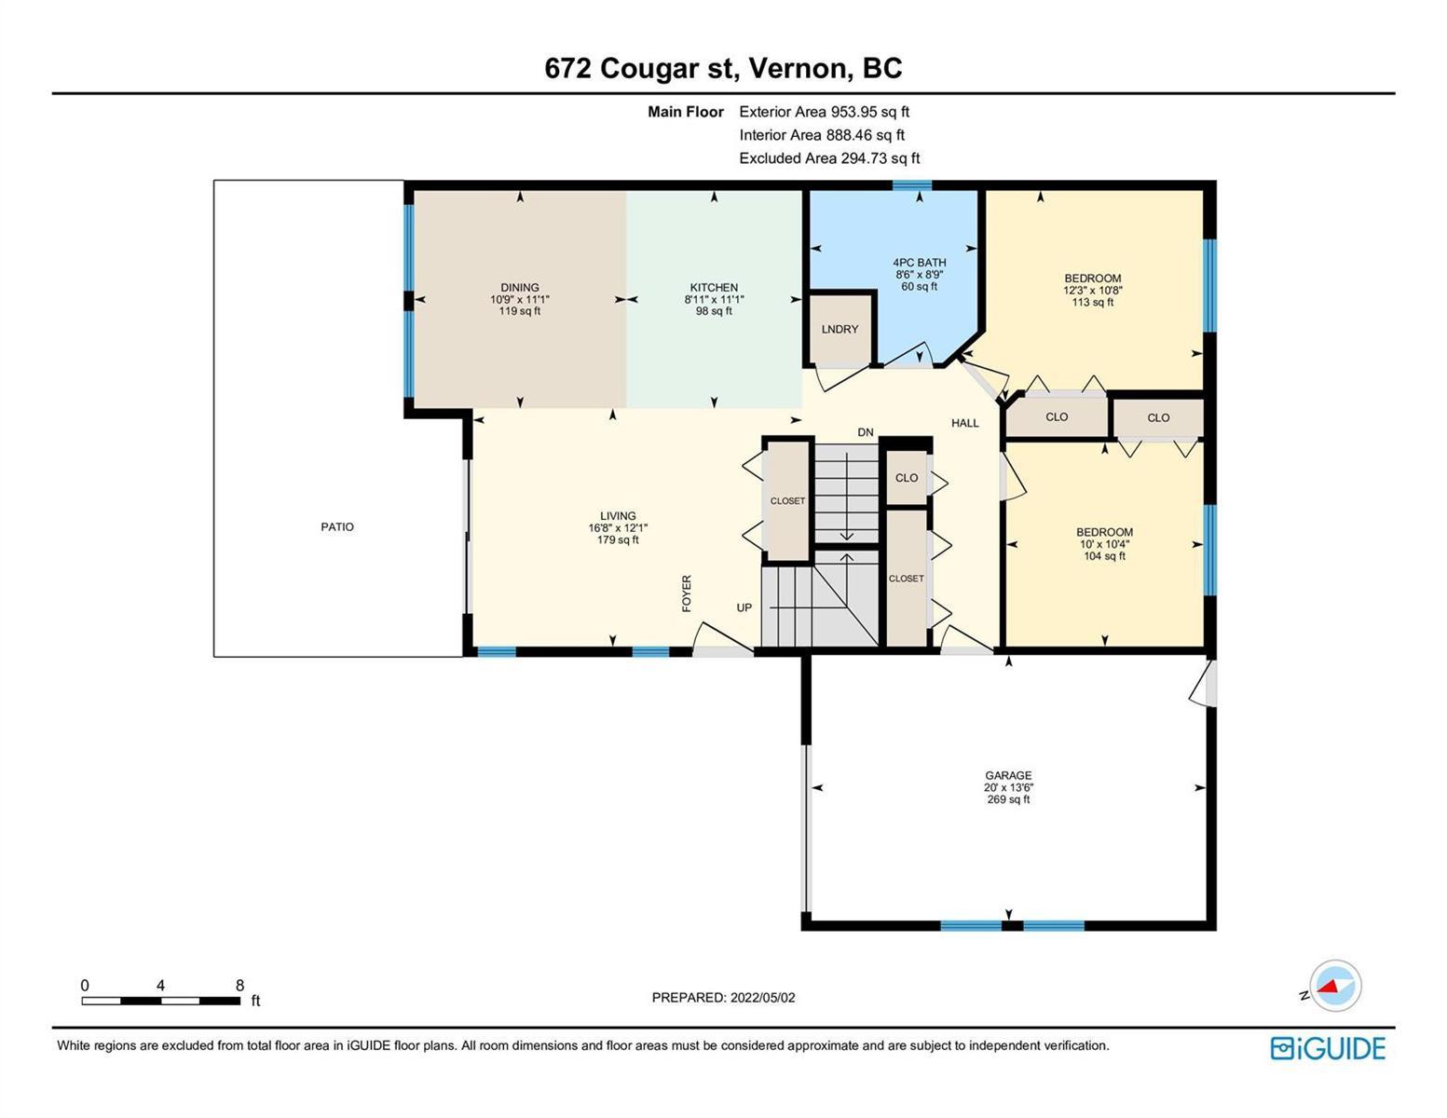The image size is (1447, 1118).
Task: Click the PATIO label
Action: pyautogui.click(x=337, y=526)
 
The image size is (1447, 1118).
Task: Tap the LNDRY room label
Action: pyautogui.click(x=840, y=329)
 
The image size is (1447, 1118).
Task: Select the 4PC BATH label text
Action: pyautogui.click(x=919, y=263)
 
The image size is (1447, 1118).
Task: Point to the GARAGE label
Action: pyautogui.click(x=1008, y=775)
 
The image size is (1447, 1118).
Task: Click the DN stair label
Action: pyautogui.click(x=865, y=432)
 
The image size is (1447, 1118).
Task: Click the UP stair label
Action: pyautogui.click(x=744, y=607)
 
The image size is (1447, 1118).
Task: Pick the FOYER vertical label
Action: pyautogui.click(x=687, y=593)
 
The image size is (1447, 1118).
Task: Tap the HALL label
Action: pyautogui.click(x=965, y=423)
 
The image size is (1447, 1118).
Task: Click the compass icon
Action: pyautogui.click(x=1334, y=986)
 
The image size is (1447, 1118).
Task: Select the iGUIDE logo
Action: pyautogui.click(x=1328, y=1048)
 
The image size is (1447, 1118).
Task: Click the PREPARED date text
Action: pyautogui.click(x=723, y=998)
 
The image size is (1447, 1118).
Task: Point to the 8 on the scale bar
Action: pyautogui.click(x=239, y=985)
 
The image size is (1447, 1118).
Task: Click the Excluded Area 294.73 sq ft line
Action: pyautogui.click(x=829, y=158)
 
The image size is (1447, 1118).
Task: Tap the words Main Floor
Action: pyautogui.click(x=685, y=112)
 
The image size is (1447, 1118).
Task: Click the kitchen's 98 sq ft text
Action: pyautogui.click(x=714, y=311)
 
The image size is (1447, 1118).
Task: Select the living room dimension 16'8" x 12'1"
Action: pyautogui.click(x=618, y=527)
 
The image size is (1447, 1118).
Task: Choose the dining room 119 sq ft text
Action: pyautogui.click(x=519, y=311)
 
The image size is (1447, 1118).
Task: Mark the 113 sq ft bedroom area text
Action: pyautogui.click(x=1093, y=302)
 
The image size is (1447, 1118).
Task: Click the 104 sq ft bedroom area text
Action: pyautogui.click(x=1105, y=556)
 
